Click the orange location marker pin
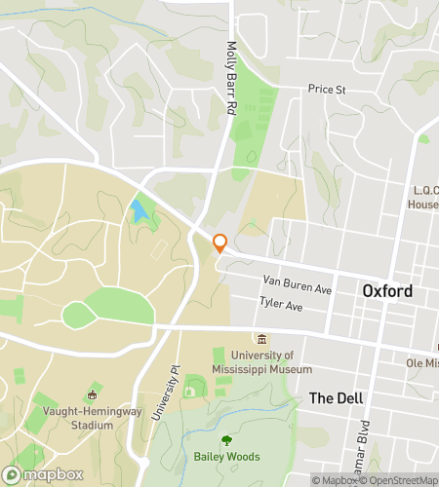[220, 243]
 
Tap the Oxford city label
[387, 291]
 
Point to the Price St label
[327, 89]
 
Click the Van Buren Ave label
[298, 284]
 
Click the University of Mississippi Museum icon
[261, 339]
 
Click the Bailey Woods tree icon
[226, 440]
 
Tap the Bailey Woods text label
[226, 457]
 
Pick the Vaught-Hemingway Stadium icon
[93, 394]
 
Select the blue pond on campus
[140, 210]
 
